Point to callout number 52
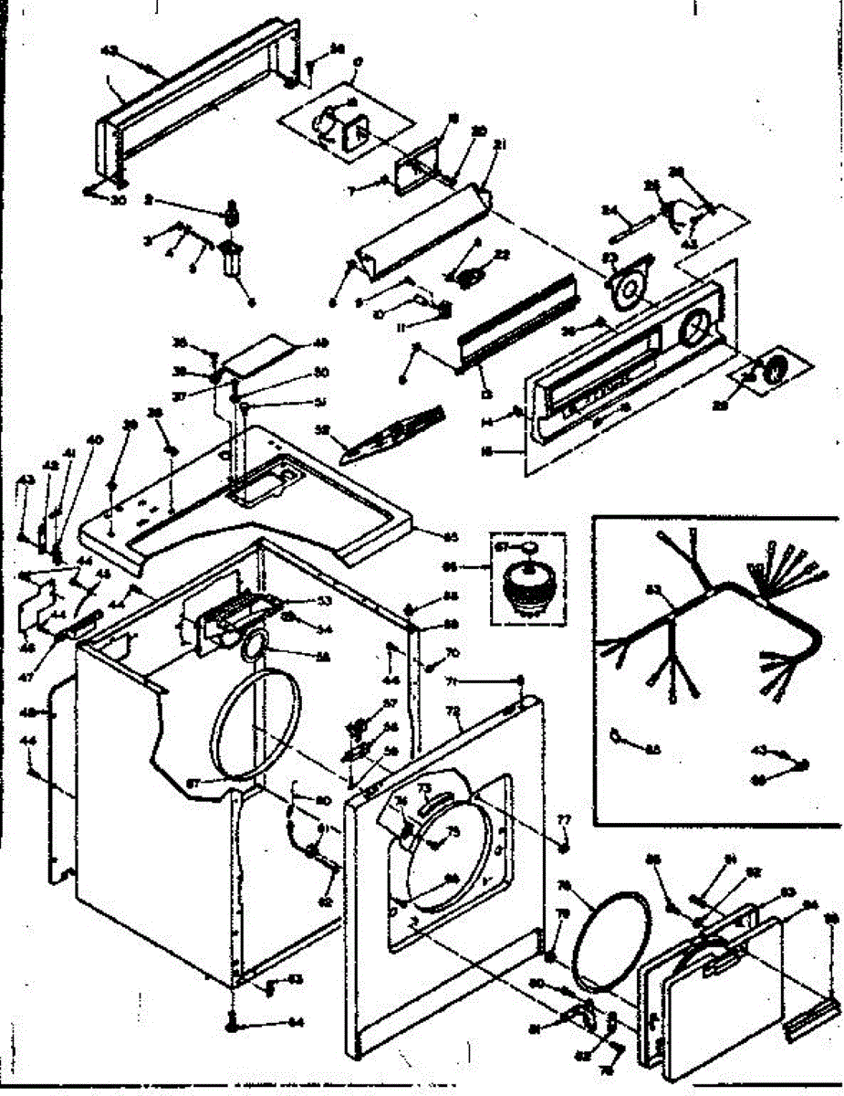[x=347, y=428]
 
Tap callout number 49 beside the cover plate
[x=320, y=343]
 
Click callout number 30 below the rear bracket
[x=118, y=201]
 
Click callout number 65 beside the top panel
[x=449, y=535]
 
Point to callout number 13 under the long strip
[x=486, y=395]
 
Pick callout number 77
[x=563, y=818]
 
